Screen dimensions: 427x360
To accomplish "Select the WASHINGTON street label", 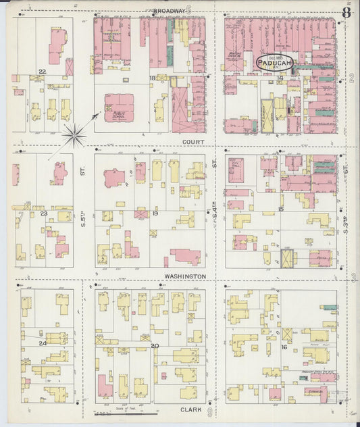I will (x=186, y=276).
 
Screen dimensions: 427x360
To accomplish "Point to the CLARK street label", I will (x=192, y=409).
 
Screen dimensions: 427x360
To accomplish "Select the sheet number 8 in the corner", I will (x=346, y=11).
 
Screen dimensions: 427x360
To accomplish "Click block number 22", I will (x=42, y=71).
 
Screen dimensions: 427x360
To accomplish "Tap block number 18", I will (x=153, y=79).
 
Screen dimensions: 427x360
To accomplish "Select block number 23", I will (x=44, y=214).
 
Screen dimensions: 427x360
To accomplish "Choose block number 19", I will (x=155, y=214).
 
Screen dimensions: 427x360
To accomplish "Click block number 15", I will (x=281, y=210).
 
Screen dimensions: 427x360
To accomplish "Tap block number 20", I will (x=155, y=346).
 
